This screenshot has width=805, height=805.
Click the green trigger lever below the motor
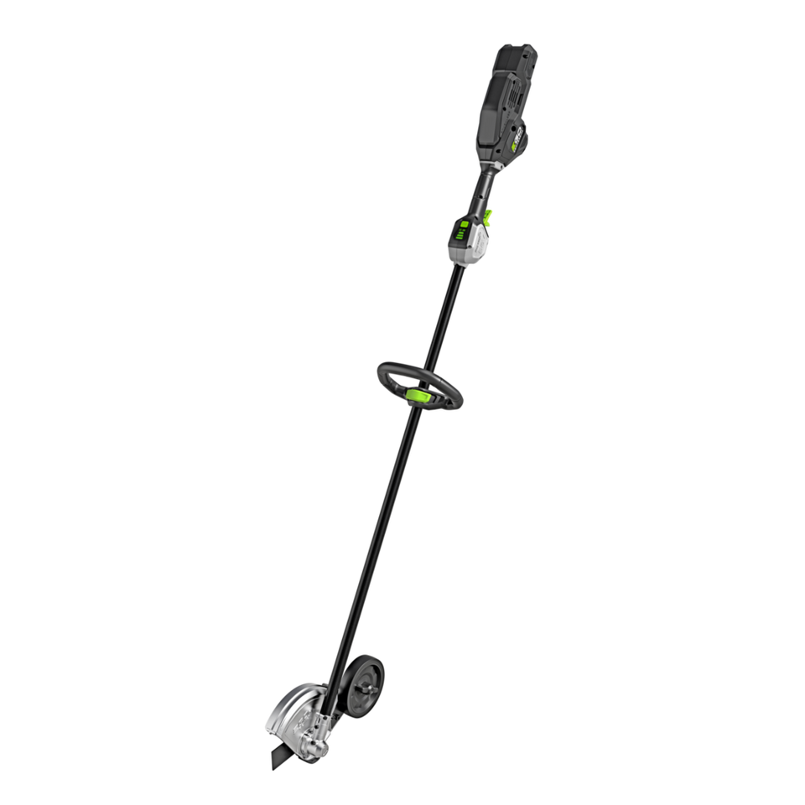(x=489, y=216)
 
